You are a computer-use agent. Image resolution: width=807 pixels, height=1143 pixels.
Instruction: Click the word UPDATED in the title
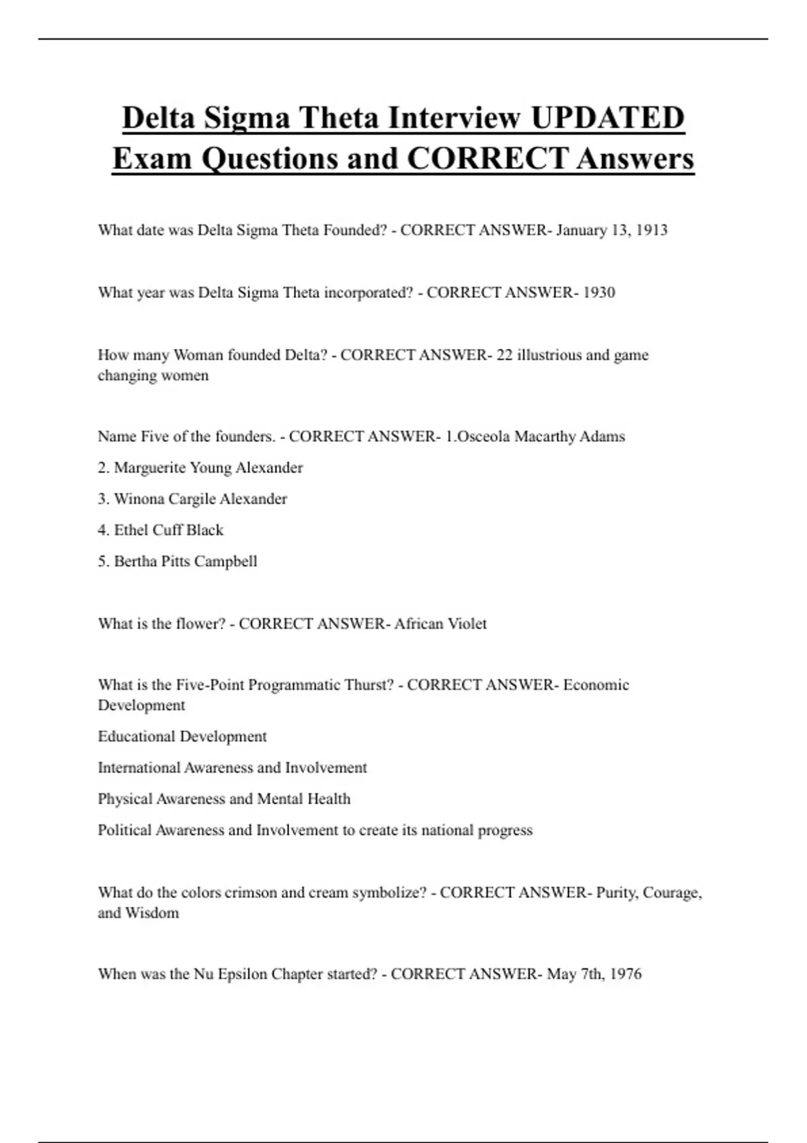point(607,118)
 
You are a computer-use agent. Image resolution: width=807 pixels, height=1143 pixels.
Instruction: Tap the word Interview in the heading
point(456,118)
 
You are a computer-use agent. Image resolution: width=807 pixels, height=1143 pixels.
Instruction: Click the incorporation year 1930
point(599,292)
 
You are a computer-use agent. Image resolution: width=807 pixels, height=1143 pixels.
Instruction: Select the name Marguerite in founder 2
point(150,467)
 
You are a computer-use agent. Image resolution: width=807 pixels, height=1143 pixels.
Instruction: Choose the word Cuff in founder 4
point(167,530)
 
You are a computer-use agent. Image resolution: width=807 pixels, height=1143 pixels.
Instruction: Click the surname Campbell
point(225,561)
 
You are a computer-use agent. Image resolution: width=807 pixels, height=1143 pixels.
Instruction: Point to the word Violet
point(467,624)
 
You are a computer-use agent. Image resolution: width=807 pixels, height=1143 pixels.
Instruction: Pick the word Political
point(125,830)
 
